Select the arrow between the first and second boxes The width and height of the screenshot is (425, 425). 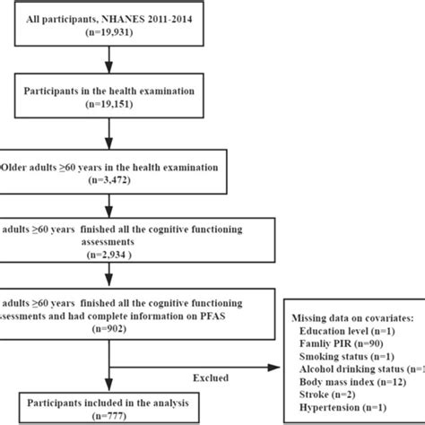click(109, 65)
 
